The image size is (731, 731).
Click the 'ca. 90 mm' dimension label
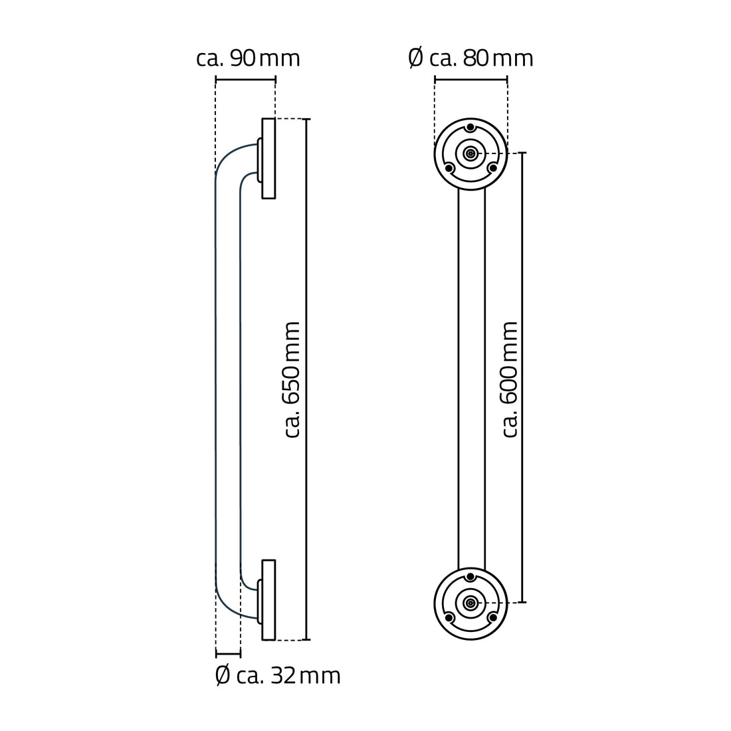[248, 58]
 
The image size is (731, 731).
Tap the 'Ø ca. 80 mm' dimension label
[470, 58]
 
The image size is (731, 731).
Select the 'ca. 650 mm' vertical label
[292, 379]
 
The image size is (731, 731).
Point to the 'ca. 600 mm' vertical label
[510, 379]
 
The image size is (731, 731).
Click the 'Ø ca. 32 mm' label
[278, 676]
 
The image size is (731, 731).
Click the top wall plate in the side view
[268, 158]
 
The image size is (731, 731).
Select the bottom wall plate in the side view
[268, 600]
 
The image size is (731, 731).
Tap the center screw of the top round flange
[470, 154]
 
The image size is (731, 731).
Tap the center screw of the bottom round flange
[470, 603]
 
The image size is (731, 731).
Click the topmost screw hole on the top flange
[470, 128]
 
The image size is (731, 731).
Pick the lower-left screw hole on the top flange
[449, 167]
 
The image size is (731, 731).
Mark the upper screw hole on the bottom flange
[470, 576]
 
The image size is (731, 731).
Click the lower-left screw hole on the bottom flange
[449, 617]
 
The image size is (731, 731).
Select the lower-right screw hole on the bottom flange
[492, 617]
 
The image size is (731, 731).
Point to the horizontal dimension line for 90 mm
[245, 80]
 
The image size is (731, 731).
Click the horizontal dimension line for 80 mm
[470, 80]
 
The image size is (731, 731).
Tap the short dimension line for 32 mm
[228, 655]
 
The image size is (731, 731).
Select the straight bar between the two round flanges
[471, 379]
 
